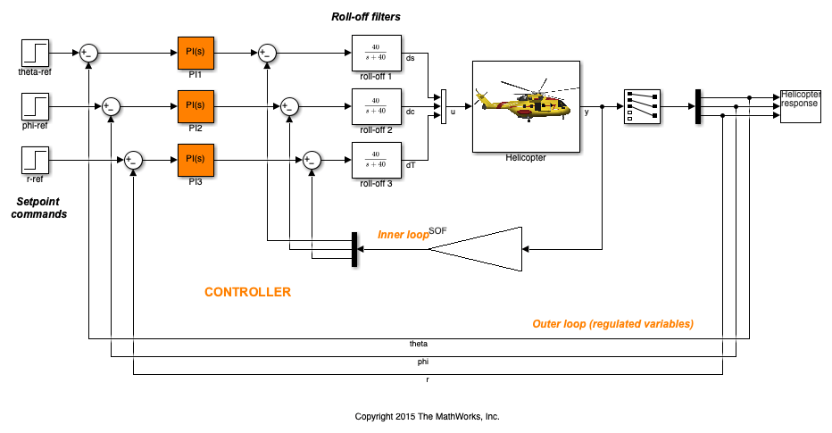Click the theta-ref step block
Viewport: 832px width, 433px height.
coord(35,53)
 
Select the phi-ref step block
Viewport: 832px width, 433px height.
coord(35,106)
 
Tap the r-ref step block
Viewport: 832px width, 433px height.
coord(35,160)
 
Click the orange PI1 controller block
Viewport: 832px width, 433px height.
coord(196,53)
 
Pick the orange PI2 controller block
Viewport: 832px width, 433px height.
coord(196,106)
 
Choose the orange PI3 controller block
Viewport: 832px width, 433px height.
coord(196,160)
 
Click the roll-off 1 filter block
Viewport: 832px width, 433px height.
coord(377,53)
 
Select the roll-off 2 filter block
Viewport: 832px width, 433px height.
coord(377,106)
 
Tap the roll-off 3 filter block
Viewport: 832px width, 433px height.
coord(377,160)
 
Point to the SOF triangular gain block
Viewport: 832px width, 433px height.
coord(475,249)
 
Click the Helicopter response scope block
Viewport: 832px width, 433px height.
coord(800,106)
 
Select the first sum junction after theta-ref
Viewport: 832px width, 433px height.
coord(88,53)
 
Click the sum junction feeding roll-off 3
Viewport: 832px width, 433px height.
coord(312,160)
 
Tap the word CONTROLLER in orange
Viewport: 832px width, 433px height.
coord(248,292)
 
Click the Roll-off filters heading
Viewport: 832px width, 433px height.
coord(366,17)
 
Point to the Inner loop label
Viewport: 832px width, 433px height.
coord(404,235)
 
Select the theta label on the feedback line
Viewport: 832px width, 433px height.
coord(419,344)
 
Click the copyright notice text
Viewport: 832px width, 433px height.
coord(427,417)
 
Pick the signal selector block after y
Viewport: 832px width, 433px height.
coord(643,106)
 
